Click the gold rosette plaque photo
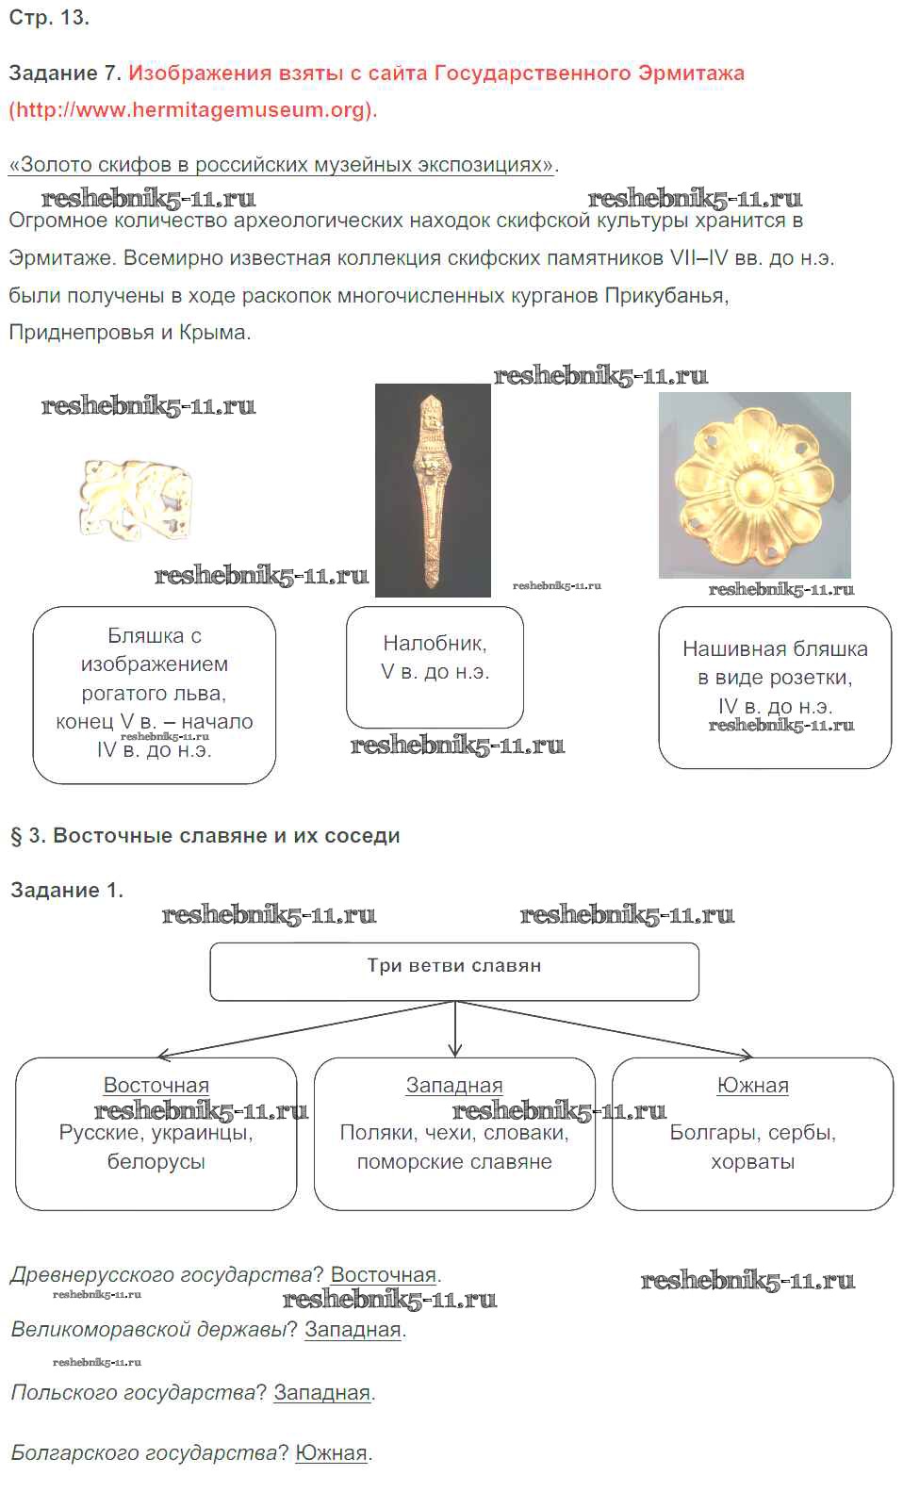(x=754, y=484)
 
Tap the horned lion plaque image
(x=136, y=500)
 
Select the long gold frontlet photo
(x=433, y=490)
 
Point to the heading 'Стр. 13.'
(x=49, y=18)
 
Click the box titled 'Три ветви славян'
(x=454, y=971)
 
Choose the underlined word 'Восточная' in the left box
(x=156, y=1085)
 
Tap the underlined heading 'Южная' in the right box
(x=752, y=1085)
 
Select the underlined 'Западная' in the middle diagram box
(x=454, y=1085)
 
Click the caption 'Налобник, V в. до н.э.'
(x=435, y=658)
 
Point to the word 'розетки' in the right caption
(x=810, y=678)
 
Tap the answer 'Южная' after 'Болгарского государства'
(x=331, y=1452)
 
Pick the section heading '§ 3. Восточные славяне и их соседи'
(x=205, y=836)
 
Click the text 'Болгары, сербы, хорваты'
(x=752, y=1147)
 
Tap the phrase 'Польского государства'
(x=133, y=1392)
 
